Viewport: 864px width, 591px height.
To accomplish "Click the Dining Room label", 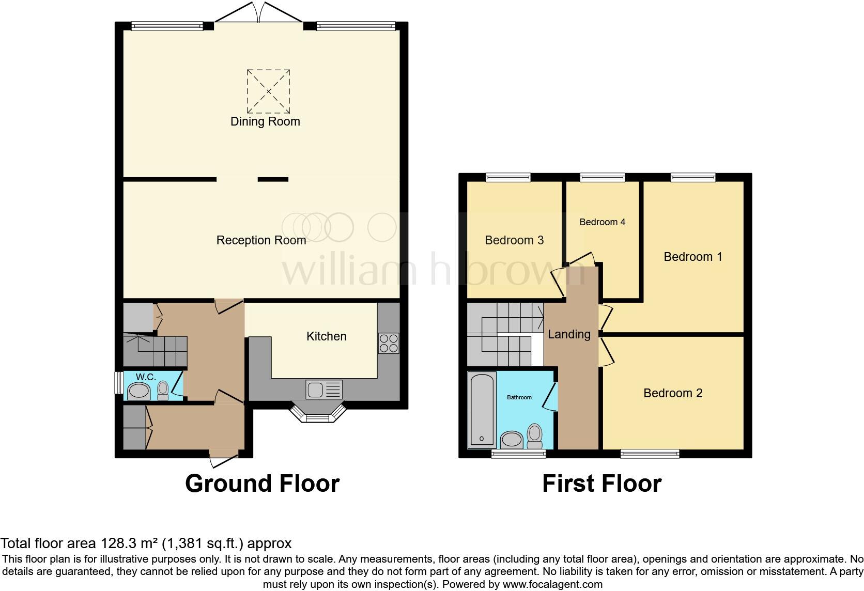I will click(265, 121).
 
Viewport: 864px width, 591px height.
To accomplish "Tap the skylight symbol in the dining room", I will click(268, 91).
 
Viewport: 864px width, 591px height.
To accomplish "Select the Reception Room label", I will click(261, 240).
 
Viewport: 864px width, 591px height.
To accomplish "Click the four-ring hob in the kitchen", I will click(389, 344).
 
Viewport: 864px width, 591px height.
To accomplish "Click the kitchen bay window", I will click(317, 414).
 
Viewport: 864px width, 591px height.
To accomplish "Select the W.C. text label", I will click(146, 377).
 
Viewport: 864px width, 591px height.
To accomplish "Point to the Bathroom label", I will click(519, 397).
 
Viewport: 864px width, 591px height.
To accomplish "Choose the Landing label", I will click(569, 334).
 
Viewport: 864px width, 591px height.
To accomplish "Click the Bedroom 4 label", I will click(602, 222).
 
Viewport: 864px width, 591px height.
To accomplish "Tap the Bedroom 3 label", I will click(514, 240).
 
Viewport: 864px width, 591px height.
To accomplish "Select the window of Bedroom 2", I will click(650, 454).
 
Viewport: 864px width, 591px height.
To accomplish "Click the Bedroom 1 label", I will click(692, 257).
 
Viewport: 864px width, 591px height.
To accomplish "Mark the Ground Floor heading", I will click(262, 484).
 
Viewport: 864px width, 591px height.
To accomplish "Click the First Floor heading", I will click(601, 484).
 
